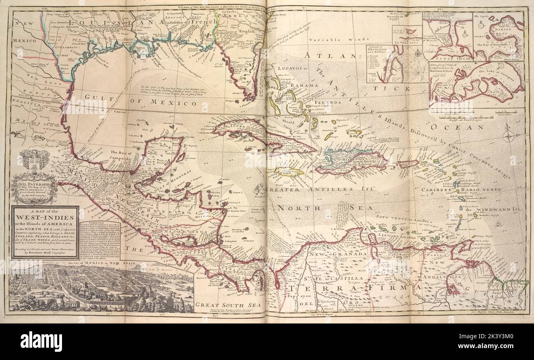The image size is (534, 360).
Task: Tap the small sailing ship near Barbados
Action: [x=499, y=224]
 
